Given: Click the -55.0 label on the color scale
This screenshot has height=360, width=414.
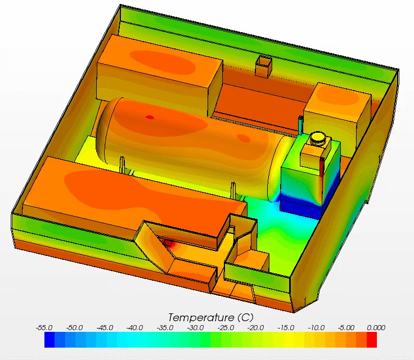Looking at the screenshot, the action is [x=44, y=328].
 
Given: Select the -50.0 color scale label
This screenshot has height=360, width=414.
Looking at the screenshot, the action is [x=74, y=328].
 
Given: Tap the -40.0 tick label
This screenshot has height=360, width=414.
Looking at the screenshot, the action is [x=134, y=328].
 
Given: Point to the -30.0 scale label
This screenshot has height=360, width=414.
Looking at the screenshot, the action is [x=195, y=328].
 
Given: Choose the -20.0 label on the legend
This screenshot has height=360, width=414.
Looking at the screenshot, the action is [x=255, y=328].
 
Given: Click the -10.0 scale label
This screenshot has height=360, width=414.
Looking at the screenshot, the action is [x=316, y=328].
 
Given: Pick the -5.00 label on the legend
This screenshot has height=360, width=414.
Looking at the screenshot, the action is [x=346, y=328].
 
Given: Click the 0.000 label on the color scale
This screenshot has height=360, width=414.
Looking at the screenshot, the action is [x=376, y=328].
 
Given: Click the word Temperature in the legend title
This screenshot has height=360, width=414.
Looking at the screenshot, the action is [x=201, y=317].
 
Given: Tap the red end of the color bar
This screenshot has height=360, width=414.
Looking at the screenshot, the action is [x=372, y=340].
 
